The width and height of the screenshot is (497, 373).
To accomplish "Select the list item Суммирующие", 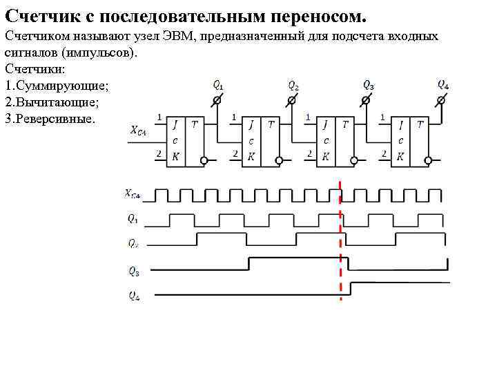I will point(61,85).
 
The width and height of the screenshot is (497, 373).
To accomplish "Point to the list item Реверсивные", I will point(56,118).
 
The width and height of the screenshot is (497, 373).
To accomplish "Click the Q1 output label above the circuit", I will point(217,86).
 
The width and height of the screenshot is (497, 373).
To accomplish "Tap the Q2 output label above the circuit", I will point(293,86).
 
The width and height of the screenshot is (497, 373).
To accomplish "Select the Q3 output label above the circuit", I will point(369,85).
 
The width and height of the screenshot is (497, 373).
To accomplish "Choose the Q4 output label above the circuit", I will point(443,85).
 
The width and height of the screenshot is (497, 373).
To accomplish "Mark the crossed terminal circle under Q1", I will point(216,101).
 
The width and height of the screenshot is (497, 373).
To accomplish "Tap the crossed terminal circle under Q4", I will point(442,101).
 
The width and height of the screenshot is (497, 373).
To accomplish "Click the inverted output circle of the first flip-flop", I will point(204,161).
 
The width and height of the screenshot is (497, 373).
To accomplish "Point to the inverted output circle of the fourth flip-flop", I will point(429,161).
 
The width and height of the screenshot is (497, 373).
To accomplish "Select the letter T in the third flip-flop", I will point(344,124).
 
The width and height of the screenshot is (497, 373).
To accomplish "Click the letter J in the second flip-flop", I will point(251,124).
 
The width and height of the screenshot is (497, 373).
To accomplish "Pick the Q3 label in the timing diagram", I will point(133,271).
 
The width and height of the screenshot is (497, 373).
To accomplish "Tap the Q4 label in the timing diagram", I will point(133,295).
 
